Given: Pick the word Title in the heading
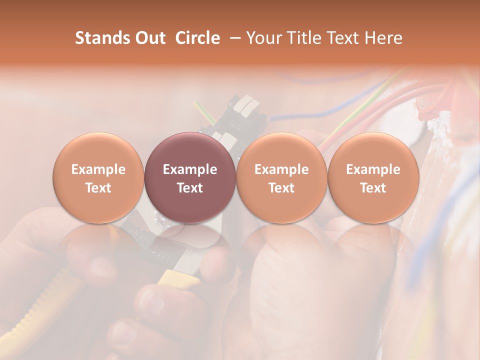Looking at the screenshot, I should click(305, 38).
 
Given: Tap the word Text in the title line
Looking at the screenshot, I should click(345, 38).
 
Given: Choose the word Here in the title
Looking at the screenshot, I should click(383, 38).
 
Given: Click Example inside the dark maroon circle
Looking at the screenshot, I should click(189, 169).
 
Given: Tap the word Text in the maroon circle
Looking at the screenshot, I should click(189, 188).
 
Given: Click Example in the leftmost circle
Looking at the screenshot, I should click(98, 169).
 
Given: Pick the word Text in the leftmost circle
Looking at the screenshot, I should click(98, 188).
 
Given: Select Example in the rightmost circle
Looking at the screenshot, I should click(373, 169).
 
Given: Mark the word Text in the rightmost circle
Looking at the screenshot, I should click(373, 188).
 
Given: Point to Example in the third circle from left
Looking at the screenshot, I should click(281, 169).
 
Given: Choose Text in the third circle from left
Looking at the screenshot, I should click(281, 188).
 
